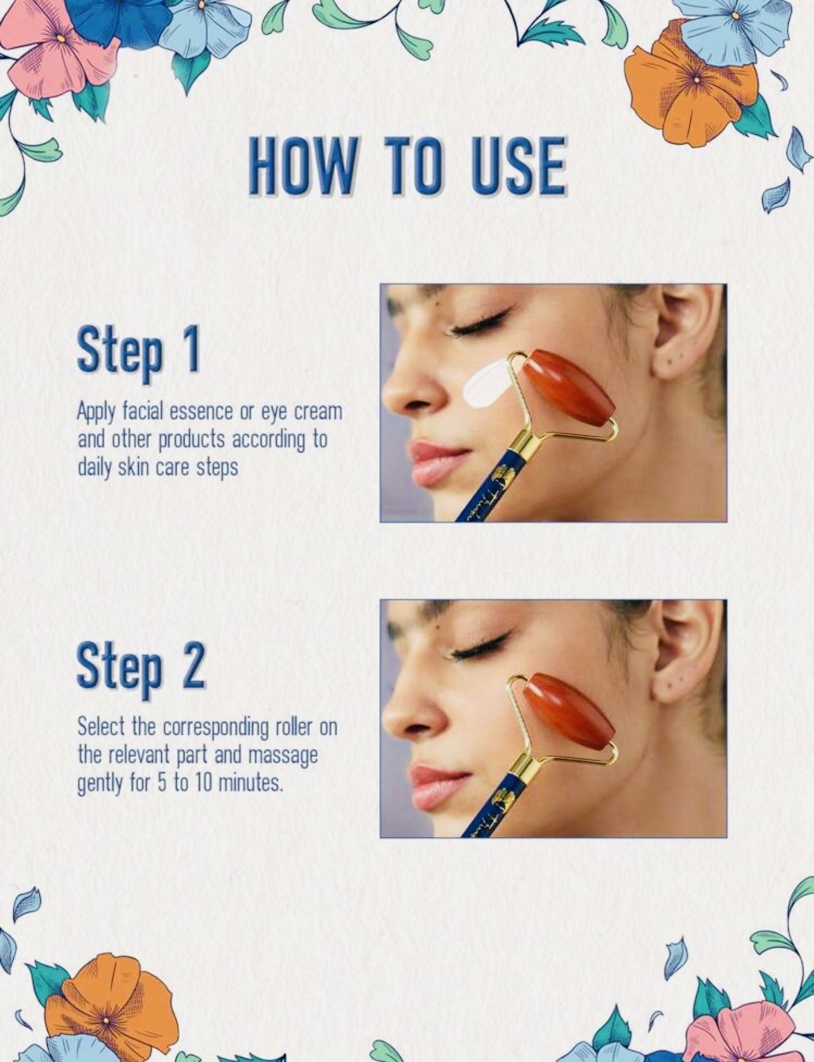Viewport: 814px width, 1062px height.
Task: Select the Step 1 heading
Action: point(139,351)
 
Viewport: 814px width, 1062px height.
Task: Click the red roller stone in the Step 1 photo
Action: point(567,388)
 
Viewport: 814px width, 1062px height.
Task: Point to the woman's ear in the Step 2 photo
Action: point(685,651)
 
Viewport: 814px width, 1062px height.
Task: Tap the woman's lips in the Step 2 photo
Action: point(437,786)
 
